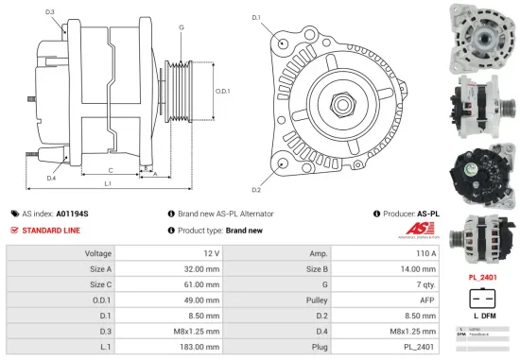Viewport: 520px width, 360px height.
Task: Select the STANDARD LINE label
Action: [x=51, y=230]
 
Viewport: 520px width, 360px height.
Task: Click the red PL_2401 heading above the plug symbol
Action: [x=484, y=277]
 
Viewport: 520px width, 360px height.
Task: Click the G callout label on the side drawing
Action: [x=181, y=27]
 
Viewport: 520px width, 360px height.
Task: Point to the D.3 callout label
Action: [x=49, y=11]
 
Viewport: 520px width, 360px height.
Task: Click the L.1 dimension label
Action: [x=108, y=182]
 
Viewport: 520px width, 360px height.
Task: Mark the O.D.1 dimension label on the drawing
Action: [x=223, y=91]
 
